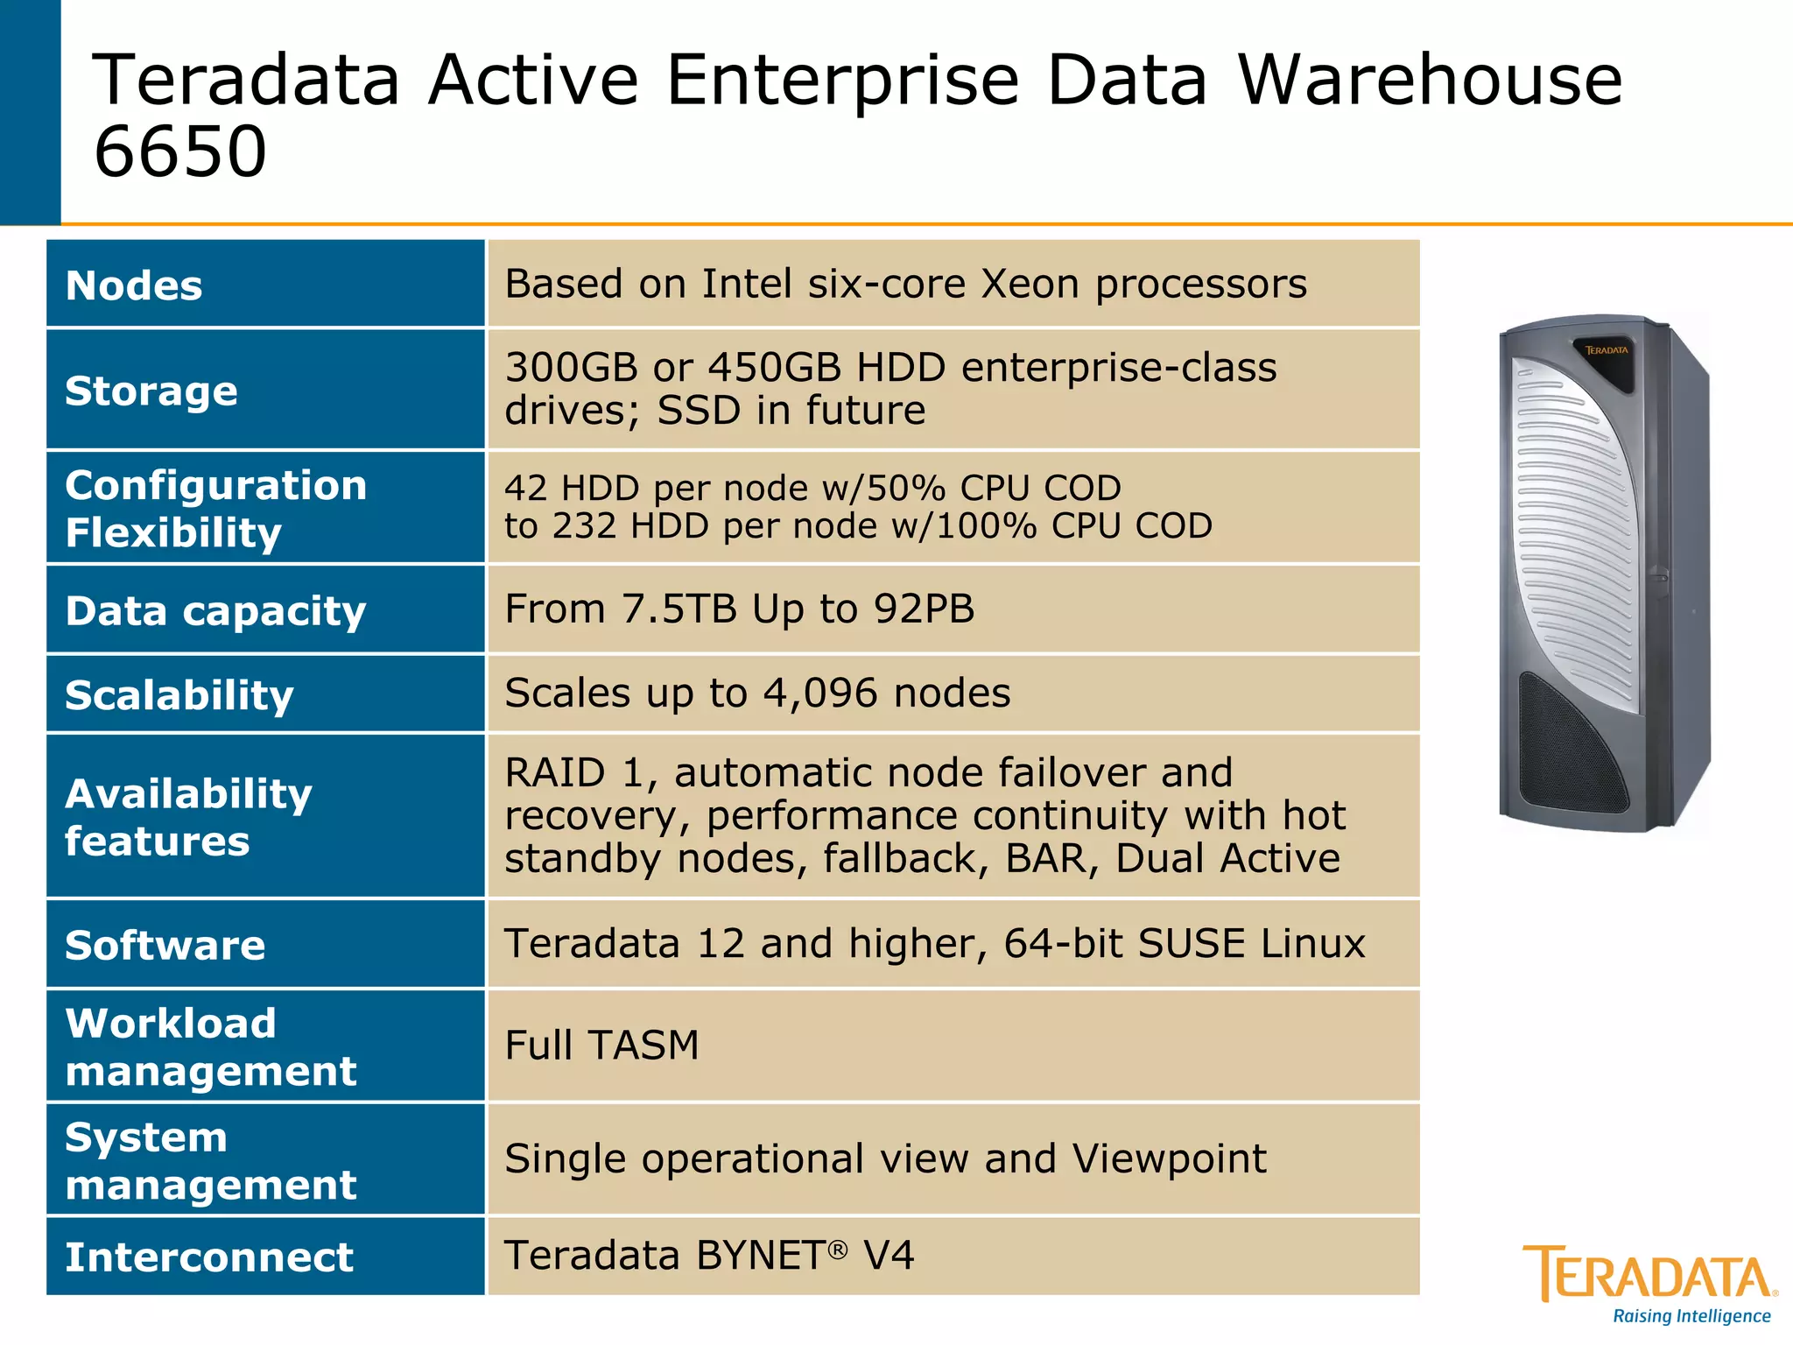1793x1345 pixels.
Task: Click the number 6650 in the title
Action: (179, 151)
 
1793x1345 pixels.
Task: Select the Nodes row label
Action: (134, 285)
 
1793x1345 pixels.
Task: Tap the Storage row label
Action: (151, 391)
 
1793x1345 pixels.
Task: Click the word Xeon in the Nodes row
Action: (1030, 284)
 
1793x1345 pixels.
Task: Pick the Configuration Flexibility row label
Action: (215, 509)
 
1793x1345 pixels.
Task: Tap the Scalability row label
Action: (179, 695)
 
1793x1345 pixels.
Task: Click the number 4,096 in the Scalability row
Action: (819, 693)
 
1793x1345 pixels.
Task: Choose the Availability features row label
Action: (188, 817)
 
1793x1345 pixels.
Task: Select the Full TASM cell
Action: (602, 1045)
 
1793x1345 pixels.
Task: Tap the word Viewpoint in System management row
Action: (1169, 1158)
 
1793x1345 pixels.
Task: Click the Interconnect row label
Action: (209, 1257)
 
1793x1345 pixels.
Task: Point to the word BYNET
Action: (759, 1256)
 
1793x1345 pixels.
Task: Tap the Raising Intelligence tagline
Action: (1691, 1316)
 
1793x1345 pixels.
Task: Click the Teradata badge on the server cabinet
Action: (1607, 350)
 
